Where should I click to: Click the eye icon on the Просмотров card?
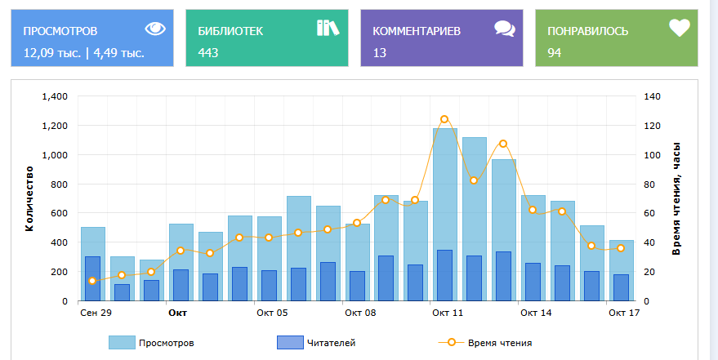[x=155, y=29]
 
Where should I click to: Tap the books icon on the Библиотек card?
[x=328, y=29]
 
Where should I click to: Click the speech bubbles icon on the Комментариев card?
[x=505, y=29]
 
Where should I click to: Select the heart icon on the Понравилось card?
[x=680, y=29]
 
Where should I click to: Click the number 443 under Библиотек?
[x=208, y=53]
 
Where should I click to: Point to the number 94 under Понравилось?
[x=554, y=53]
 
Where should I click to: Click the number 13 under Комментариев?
[x=379, y=53]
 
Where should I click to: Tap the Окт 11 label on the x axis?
[x=448, y=313]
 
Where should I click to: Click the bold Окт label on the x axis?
[x=178, y=313]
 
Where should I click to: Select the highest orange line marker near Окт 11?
[x=444, y=119]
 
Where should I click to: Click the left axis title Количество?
[x=29, y=198]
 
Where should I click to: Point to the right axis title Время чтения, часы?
[x=676, y=198]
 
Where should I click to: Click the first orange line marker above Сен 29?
[x=92, y=281]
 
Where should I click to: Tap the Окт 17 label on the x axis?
[x=622, y=313]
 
